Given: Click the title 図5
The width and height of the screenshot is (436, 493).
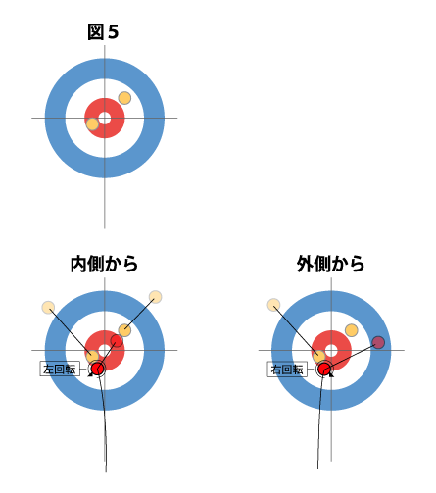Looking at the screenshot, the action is (103, 32).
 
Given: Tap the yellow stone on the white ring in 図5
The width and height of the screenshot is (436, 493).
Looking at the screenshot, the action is (124, 98).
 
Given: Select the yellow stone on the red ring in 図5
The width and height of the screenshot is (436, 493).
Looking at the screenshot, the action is (92, 124).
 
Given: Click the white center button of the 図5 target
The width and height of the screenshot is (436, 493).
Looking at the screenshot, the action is (105, 118).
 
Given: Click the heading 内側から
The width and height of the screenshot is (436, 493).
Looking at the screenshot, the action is (104, 264).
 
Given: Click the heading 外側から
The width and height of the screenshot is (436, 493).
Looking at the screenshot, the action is (330, 264).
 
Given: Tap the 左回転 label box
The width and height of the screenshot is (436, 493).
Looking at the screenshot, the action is (60, 370).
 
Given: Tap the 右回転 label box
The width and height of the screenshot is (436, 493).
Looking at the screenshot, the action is (287, 370).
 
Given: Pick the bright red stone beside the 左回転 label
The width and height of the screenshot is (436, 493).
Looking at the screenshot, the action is (97, 369).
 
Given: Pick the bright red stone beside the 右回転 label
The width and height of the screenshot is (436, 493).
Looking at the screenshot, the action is (324, 369).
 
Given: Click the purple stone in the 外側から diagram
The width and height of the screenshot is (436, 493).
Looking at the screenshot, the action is (378, 342).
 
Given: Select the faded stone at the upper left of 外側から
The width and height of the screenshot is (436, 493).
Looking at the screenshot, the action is (273, 305).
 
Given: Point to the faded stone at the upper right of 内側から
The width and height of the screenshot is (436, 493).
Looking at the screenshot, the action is (155, 297).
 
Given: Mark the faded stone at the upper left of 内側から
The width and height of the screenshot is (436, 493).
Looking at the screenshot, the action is (48, 308).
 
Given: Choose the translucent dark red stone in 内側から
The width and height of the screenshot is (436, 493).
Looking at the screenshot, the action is (117, 341).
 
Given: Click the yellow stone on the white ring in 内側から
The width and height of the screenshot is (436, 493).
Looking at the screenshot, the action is (124, 330).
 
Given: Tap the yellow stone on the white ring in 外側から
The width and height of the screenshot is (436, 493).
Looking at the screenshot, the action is (352, 330).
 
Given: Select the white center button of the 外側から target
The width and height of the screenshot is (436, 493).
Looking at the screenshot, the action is (331, 351).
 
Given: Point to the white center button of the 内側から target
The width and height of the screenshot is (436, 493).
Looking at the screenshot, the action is (105, 351).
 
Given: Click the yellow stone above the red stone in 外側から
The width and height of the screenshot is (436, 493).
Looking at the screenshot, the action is (319, 356).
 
